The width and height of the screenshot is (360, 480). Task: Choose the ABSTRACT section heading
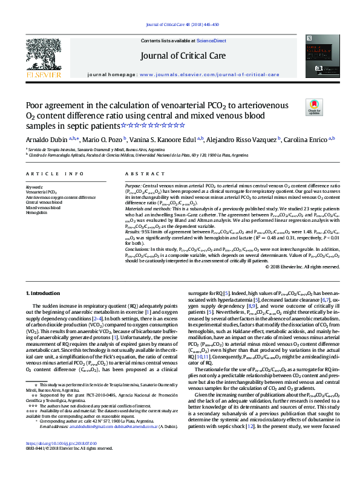137,174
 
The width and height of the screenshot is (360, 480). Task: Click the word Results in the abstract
133,230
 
